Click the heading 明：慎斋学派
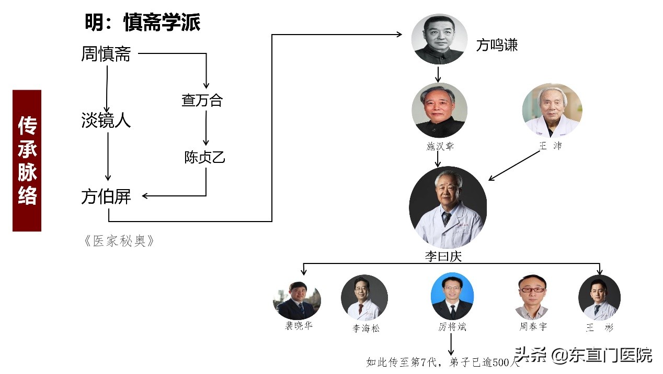142,23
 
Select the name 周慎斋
106,54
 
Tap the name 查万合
202,101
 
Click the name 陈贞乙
204,157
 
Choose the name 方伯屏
106,197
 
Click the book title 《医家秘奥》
119,241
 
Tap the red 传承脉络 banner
27,161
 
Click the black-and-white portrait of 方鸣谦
439,39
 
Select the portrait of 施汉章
439,111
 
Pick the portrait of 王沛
552,111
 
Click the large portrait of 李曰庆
448,208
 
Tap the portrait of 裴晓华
296,300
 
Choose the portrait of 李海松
364,298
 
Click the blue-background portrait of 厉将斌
452,296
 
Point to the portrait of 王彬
599,298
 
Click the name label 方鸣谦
497,46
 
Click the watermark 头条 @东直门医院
584,356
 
